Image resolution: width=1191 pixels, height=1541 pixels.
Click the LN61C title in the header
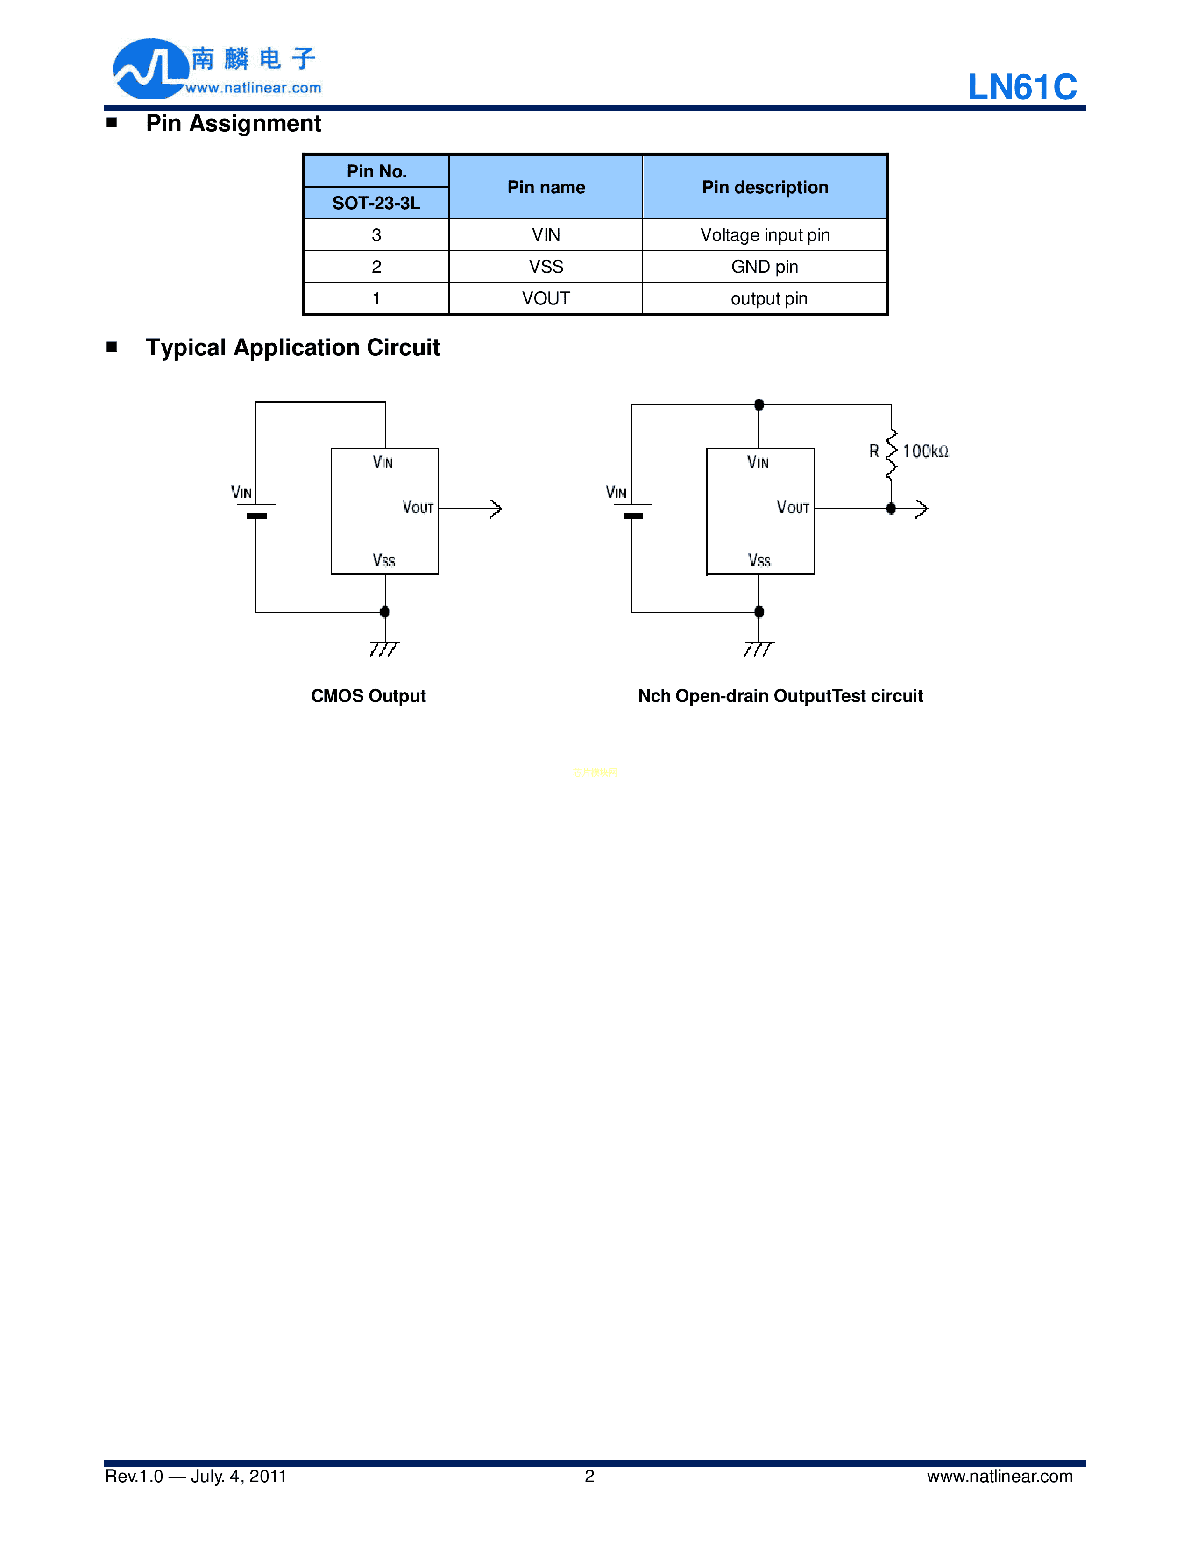[x=1021, y=87]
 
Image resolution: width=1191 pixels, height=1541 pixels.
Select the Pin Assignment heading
[x=233, y=123]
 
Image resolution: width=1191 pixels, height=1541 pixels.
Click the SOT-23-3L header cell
[x=376, y=203]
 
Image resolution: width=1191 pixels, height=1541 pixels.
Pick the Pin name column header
[x=546, y=187]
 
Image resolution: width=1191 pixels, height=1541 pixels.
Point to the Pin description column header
[x=765, y=187]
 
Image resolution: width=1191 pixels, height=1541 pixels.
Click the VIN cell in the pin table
[x=546, y=235]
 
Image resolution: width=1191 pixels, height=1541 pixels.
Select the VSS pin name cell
[x=546, y=267]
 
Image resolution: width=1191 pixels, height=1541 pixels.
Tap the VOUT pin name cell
[x=546, y=298]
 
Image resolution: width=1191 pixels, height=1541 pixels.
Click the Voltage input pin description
[x=765, y=235]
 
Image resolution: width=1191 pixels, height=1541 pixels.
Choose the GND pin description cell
[x=765, y=267]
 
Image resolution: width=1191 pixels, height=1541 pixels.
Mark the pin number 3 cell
[x=376, y=235]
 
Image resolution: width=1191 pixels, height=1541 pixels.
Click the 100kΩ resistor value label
[x=926, y=451]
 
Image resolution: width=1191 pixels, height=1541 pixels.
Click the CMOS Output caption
[x=369, y=696]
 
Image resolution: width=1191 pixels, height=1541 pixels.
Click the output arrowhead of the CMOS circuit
[x=496, y=509]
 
